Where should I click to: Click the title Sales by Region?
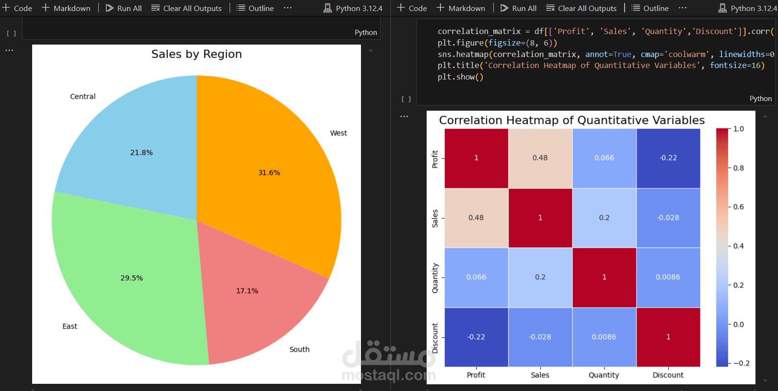point(197,54)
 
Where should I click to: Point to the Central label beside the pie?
point(82,97)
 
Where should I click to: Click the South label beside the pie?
point(299,350)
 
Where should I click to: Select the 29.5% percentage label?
point(132,278)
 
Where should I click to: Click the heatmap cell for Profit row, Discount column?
point(668,158)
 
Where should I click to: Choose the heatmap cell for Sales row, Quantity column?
point(604,218)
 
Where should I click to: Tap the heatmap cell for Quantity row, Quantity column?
point(604,277)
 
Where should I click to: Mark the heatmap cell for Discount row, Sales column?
point(540,337)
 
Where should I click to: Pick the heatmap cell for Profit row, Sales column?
point(540,158)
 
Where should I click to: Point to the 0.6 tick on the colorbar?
point(738,207)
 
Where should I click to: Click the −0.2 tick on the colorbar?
point(741,363)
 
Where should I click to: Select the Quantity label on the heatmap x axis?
point(604,375)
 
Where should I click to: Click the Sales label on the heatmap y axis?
point(435,218)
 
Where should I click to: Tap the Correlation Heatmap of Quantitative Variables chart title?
point(572,120)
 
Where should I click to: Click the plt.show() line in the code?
point(460,77)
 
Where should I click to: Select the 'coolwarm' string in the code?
point(686,54)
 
